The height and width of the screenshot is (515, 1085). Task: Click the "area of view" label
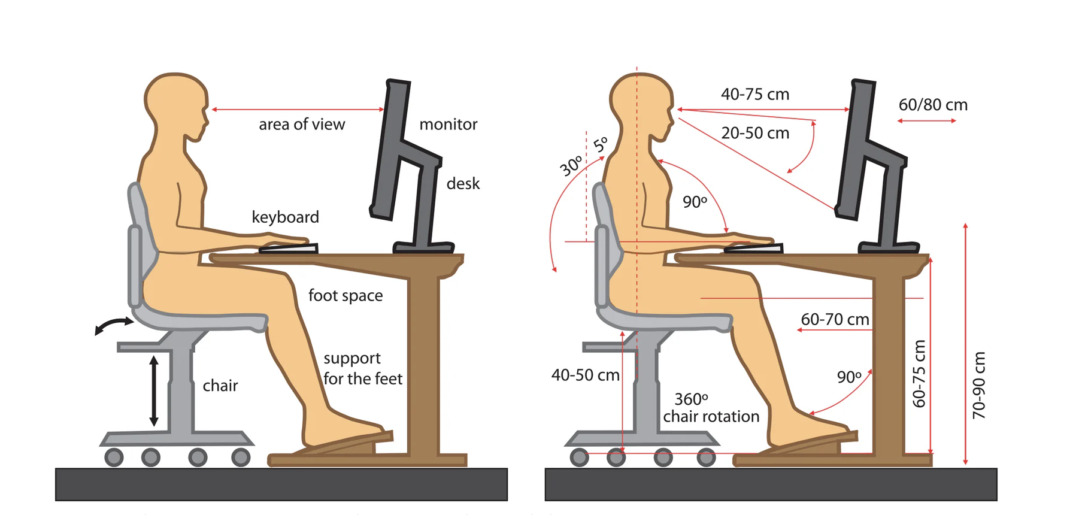(302, 125)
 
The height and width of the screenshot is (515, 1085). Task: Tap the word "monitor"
(448, 125)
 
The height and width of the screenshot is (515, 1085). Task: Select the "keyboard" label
(285, 217)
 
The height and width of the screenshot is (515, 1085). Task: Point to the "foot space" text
(345, 296)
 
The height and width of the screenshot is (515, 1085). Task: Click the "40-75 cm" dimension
(754, 95)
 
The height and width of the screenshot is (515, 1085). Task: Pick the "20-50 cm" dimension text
(754, 133)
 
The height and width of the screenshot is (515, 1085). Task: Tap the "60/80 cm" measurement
(932, 105)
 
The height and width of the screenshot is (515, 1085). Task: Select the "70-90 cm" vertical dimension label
(978, 385)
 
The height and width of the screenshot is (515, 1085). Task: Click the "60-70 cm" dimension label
(835, 320)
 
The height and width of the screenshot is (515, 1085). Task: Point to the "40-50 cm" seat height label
(585, 375)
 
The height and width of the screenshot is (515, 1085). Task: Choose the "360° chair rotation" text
(710, 408)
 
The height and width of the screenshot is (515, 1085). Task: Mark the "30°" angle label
(571, 165)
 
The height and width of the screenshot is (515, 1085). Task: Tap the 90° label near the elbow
(695, 202)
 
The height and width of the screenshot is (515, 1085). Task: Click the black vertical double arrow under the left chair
(154, 391)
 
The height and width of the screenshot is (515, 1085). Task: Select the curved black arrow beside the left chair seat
(114, 326)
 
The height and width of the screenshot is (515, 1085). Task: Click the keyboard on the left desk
(288, 248)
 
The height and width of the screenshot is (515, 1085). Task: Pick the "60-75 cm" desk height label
(919, 374)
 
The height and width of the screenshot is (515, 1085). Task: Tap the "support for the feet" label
(362, 369)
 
